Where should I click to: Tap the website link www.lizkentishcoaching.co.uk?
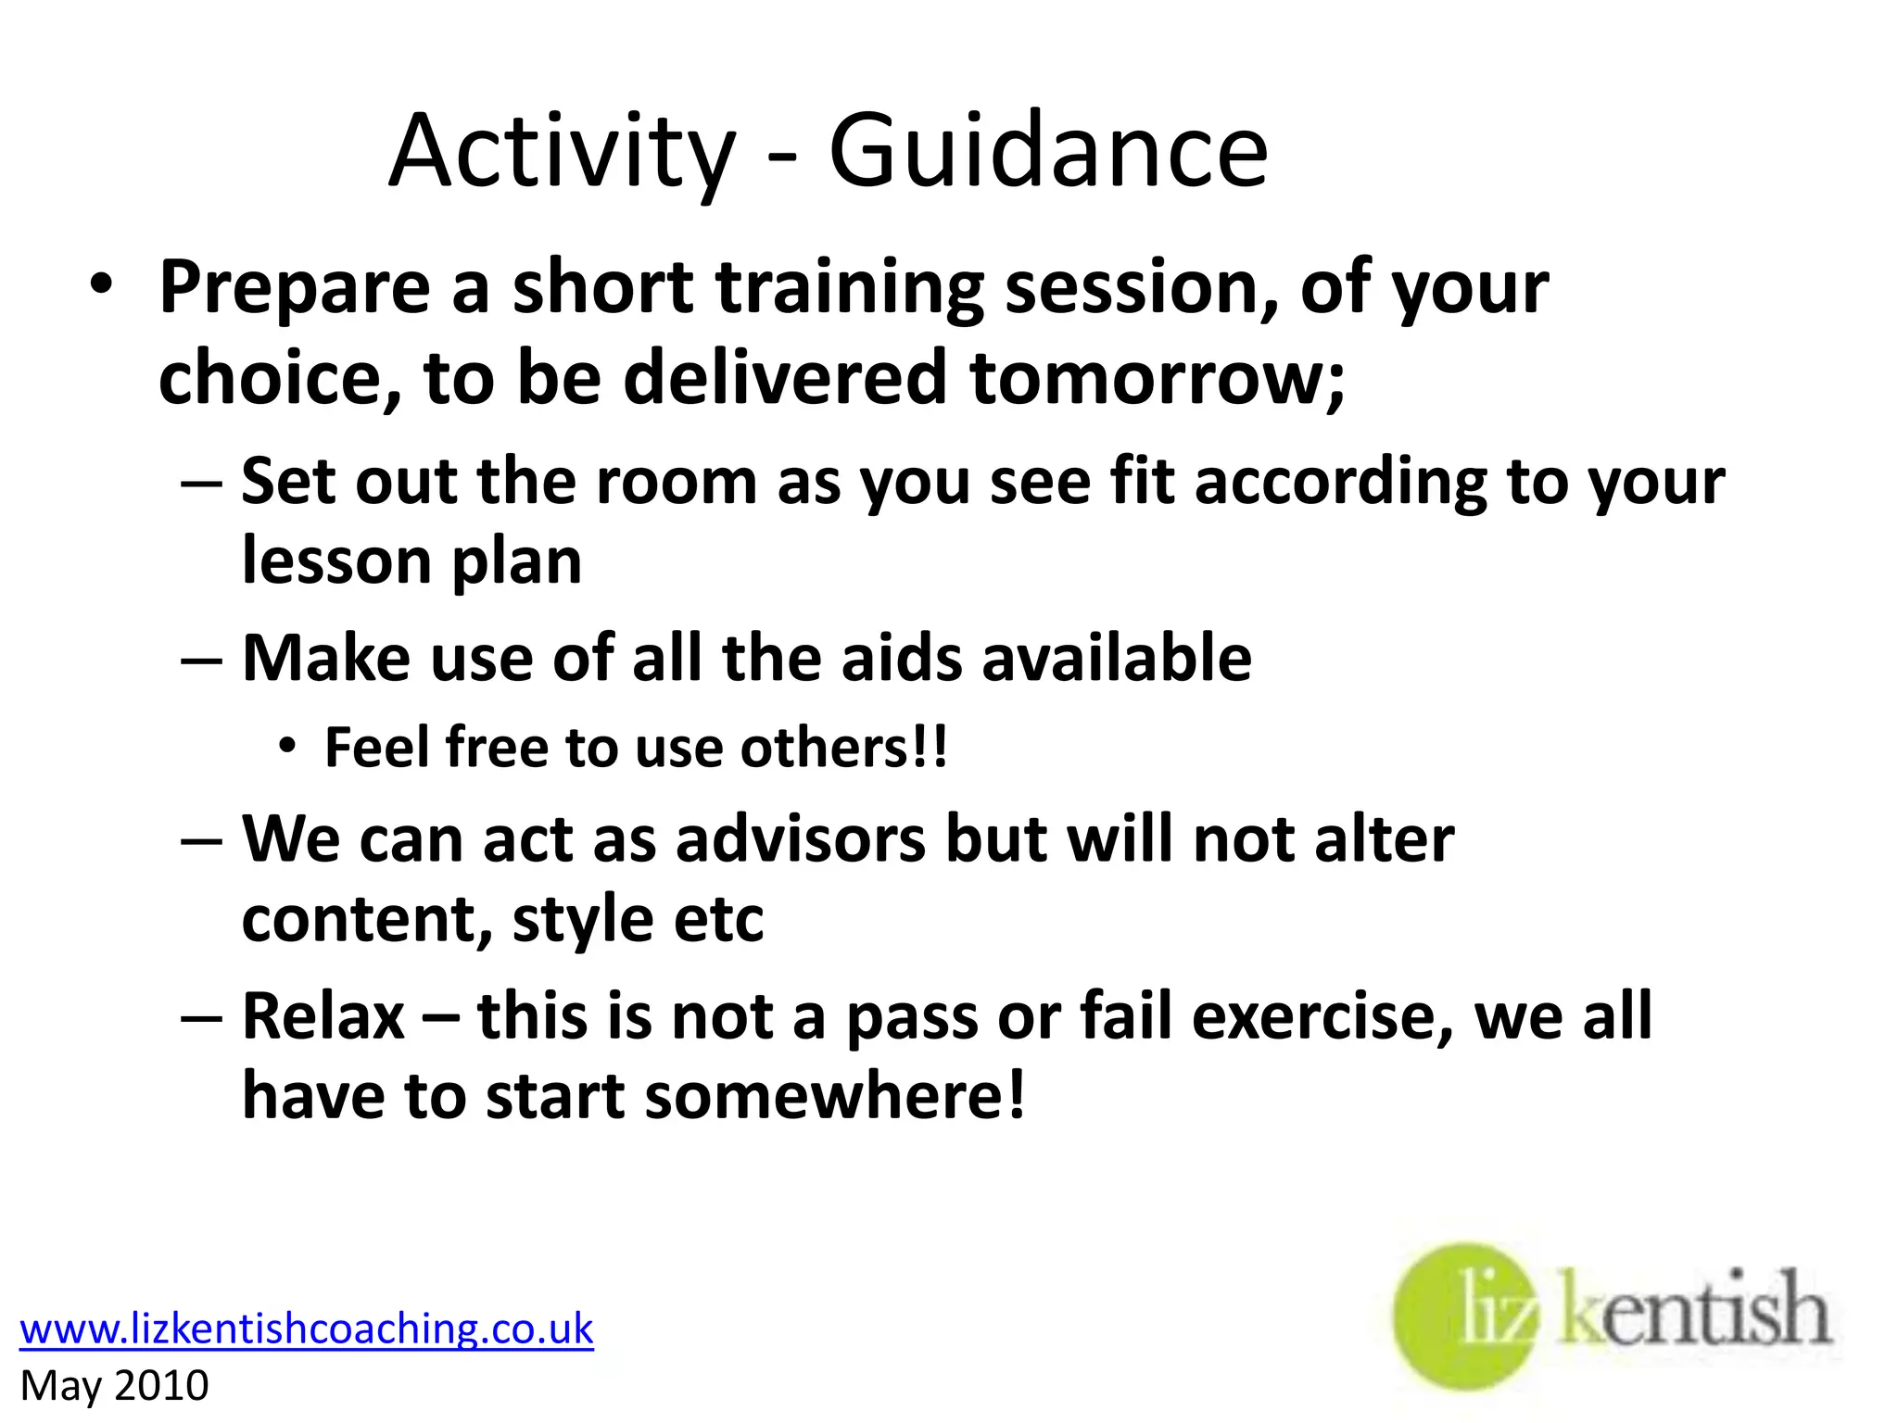pos(306,1329)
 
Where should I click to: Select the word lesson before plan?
pos(335,561)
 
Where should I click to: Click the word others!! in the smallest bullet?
pos(843,748)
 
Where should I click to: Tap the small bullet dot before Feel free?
pos(287,746)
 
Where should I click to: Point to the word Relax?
pos(323,1016)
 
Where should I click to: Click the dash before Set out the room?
pos(201,483)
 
